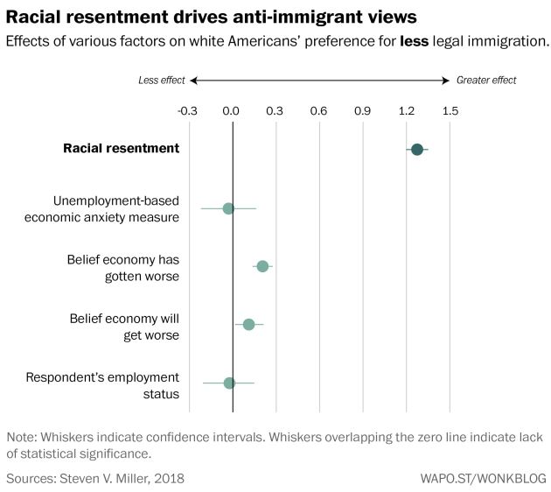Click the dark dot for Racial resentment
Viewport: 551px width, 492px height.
pyautogui.click(x=417, y=150)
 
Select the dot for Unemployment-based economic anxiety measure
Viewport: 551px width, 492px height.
pyautogui.click(x=228, y=208)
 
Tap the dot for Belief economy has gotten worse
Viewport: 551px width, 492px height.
pyautogui.click(x=262, y=265)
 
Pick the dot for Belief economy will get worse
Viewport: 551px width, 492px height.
pyautogui.click(x=248, y=324)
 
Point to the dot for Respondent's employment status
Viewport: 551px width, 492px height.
pyautogui.click(x=229, y=383)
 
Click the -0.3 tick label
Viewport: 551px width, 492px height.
pyautogui.click(x=188, y=111)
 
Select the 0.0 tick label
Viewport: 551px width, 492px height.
pyautogui.click(x=232, y=111)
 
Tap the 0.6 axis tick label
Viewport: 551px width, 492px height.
pyautogui.click(x=319, y=111)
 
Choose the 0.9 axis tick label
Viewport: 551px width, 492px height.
pyautogui.click(x=363, y=111)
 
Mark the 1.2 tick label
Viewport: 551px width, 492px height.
pyautogui.click(x=407, y=111)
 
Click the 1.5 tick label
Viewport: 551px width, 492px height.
pyautogui.click(x=450, y=111)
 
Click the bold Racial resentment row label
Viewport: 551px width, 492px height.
pyautogui.click(x=121, y=149)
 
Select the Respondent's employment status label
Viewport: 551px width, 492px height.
pyautogui.click(x=102, y=385)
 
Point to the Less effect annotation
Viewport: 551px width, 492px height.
pyautogui.click(x=162, y=81)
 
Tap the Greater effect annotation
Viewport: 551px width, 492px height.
pyautogui.click(x=486, y=81)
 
